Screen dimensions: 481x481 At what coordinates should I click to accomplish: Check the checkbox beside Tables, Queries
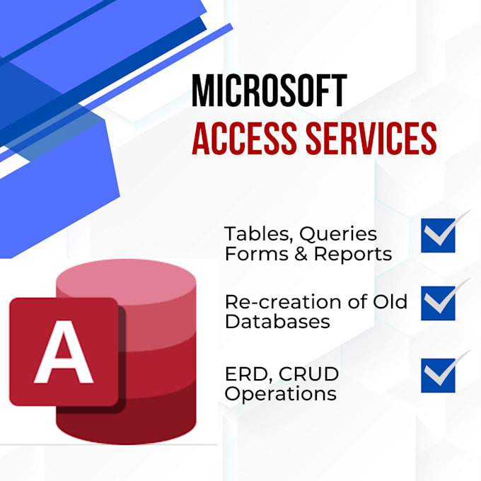coord(438,236)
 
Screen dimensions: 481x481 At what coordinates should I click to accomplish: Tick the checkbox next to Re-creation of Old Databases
coord(438,303)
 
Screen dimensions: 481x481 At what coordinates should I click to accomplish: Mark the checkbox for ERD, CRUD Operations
coord(438,376)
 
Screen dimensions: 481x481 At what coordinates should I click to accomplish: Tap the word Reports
coord(353,255)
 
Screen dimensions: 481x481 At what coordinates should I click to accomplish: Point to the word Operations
coord(280,394)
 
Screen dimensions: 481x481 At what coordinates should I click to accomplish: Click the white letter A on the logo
coord(64,352)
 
